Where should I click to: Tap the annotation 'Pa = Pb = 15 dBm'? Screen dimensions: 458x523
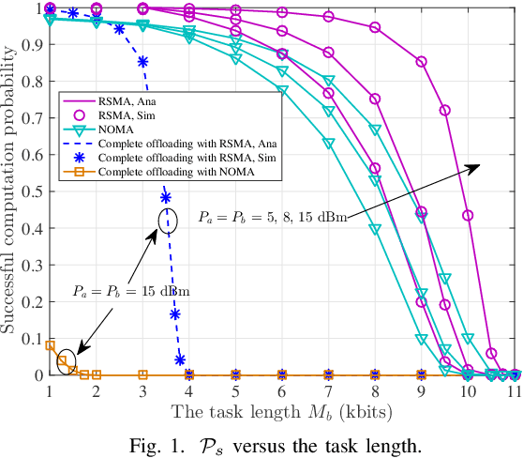(x=132, y=291)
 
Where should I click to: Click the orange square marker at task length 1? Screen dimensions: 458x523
(x=50, y=345)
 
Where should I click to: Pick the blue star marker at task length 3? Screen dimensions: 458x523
(x=142, y=62)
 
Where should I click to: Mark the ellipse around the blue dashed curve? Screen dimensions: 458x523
(x=167, y=221)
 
